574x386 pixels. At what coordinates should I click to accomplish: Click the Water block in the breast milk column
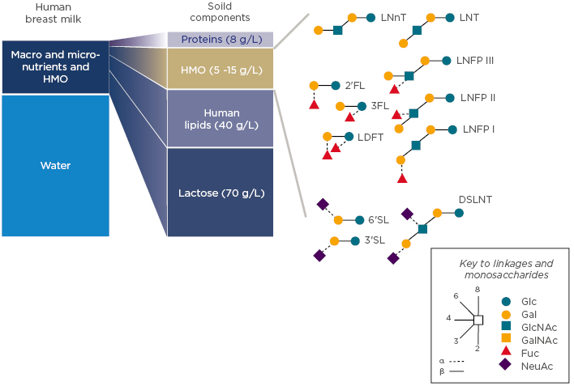[55, 166]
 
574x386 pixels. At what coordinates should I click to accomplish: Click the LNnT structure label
[393, 16]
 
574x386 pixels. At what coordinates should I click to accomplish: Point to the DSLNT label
[475, 199]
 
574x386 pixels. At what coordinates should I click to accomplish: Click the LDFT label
[371, 138]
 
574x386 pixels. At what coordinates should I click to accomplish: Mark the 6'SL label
[379, 219]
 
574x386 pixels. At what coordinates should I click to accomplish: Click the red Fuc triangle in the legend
[506, 350]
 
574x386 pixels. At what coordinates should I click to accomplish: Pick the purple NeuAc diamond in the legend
[506, 365]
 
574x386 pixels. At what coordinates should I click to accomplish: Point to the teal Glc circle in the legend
[506, 300]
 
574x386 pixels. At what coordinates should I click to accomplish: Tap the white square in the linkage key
[478, 320]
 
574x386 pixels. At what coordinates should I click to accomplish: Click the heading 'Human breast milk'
[55, 14]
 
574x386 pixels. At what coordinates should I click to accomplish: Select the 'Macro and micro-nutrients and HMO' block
[55, 67]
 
